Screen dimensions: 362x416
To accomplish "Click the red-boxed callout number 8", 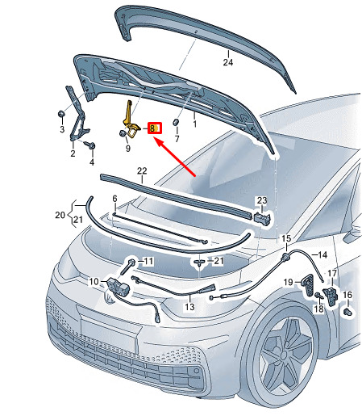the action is click(154, 128).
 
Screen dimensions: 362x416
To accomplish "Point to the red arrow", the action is click(174, 157).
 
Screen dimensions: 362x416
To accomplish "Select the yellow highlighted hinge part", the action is click(131, 120).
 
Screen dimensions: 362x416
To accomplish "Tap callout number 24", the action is click(228, 62).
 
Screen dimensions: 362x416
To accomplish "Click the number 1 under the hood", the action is click(194, 124).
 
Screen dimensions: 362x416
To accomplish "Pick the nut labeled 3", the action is click(61, 113).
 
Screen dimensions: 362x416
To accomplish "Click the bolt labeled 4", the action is click(90, 145).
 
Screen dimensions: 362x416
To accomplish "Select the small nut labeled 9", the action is click(123, 133).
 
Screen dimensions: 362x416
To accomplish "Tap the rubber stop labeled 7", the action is click(176, 122).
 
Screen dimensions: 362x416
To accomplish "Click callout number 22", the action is click(142, 170).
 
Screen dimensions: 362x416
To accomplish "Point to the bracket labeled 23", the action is click(261, 216).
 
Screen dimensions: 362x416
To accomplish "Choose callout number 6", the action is click(114, 199).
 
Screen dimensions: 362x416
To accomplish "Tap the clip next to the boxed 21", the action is click(199, 263).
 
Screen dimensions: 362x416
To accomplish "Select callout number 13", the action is click(189, 306).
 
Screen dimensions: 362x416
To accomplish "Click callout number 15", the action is click(286, 238).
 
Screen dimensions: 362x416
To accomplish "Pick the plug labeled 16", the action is click(348, 313).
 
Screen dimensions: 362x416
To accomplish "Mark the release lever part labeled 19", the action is click(309, 286).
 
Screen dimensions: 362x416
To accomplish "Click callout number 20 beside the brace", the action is click(60, 215).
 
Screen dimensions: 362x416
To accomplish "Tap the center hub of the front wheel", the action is click(285, 355).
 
